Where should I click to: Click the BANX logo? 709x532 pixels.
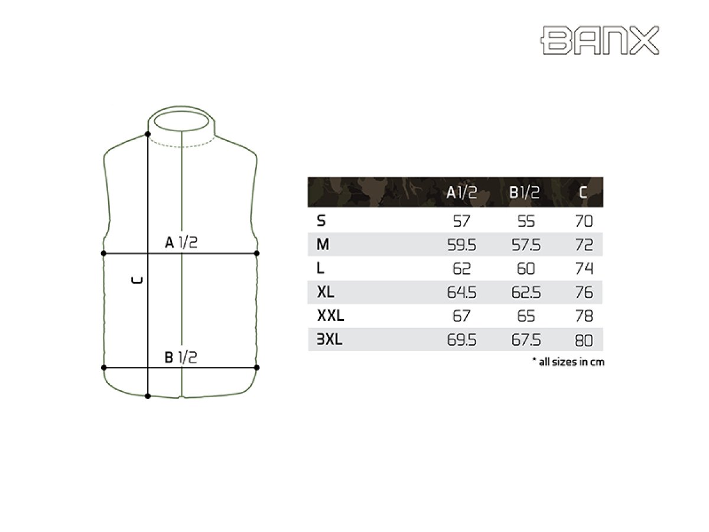tap(600, 40)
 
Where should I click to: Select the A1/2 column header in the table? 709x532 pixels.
tap(461, 193)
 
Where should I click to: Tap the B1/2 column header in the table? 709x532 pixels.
tap(525, 193)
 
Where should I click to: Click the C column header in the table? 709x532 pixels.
tap(583, 193)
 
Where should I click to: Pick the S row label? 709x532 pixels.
tap(321, 222)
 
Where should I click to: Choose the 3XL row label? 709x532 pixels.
tap(330, 340)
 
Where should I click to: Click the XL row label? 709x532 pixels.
tap(326, 293)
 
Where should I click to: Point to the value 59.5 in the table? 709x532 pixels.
tap(461, 245)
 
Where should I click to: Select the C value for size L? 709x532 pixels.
tap(584, 269)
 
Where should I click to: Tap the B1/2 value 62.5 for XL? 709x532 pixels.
tap(525, 293)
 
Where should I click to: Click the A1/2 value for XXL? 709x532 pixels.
tap(461, 316)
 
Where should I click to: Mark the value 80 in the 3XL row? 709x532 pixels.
tap(584, 340)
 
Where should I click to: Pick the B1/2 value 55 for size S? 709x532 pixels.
tap(525, 222)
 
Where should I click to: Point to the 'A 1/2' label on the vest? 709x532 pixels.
tap(180, 242)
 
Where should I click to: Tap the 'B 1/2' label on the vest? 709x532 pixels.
tap(180, 357)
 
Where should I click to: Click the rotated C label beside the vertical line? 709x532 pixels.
tap(137, 281)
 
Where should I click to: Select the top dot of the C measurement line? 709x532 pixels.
tap(147, 135)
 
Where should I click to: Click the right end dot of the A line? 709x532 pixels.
tap(256, 253)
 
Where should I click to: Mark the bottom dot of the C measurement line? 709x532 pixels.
tap(147, 396)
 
